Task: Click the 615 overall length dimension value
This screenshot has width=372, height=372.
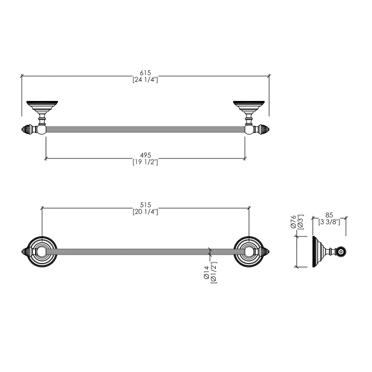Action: pyautogui.click(x=145, y=73)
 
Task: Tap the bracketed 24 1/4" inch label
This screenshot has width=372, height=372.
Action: pyautogui.click(x=145, y=80)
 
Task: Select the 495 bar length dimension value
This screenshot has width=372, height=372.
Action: pyautogui.click(x=145, y=155)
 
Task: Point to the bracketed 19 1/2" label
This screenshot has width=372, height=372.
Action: pyautogui.click(x=145, y=162)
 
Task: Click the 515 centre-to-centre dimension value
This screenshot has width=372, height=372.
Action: pyautogui.click(x=146, y=205)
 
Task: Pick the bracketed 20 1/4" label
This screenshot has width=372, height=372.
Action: pyautogui.click(x=146, y=212)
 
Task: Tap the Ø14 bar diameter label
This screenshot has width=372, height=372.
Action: pyautogui.click(x=206, y=273)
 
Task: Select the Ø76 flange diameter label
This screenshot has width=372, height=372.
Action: pyautogui.click(x=293, y=222)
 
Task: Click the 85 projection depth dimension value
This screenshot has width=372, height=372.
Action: pyautogui.click(x=329, y=215)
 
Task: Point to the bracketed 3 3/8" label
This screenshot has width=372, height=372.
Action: pyautogui.click(x=329, y=222)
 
